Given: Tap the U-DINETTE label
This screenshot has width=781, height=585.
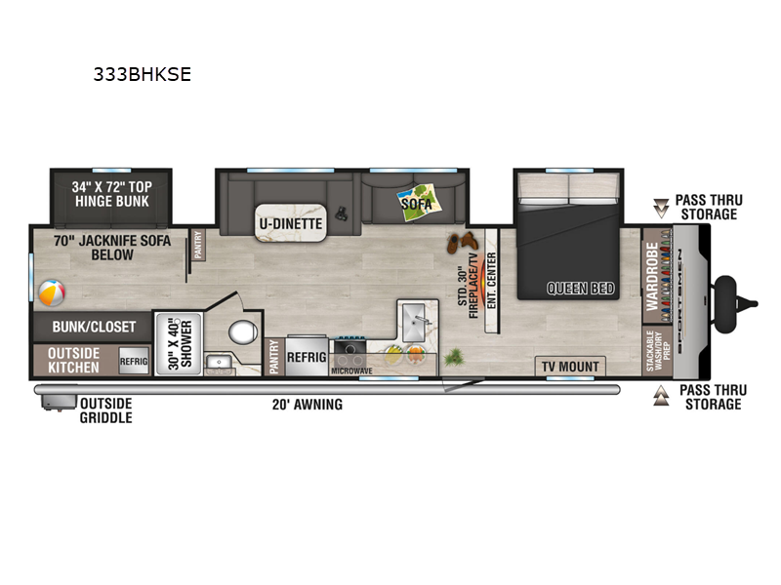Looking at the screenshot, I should coord(290,223).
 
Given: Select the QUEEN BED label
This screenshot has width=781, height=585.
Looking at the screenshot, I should coord(580,288).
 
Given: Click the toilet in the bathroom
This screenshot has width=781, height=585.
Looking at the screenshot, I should coord(241,333).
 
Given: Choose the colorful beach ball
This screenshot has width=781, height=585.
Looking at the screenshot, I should coord(50,292).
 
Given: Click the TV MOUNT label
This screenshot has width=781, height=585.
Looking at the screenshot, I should coord(571,367).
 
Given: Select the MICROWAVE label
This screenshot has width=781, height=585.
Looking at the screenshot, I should coord(351,371).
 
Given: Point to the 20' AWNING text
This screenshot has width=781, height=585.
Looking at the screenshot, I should coord(307,404).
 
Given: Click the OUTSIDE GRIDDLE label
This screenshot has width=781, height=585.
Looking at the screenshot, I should coord(105,410).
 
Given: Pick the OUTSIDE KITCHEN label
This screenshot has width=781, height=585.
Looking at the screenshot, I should coord(74,360).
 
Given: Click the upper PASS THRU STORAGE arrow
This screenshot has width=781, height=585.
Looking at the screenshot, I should coord(662,207).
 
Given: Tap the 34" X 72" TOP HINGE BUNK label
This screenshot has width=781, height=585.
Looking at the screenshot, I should coord(111,193).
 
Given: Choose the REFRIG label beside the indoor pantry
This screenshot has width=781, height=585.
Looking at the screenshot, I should coord(305,357).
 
